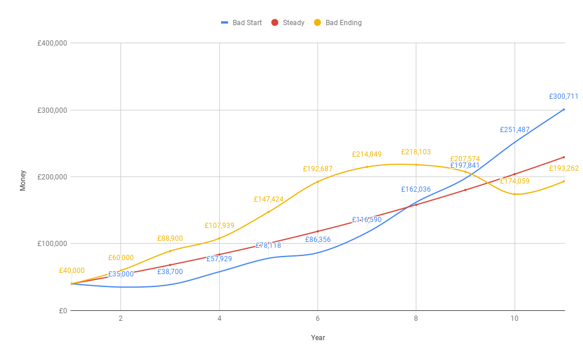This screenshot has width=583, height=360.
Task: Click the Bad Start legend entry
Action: [x=241, y=23]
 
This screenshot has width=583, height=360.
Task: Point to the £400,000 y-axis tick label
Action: [x=51, y=43]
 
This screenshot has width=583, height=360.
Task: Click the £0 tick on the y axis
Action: [x=63, y=310]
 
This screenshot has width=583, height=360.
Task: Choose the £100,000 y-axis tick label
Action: [x=51, y=244]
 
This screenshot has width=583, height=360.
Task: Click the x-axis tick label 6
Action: [x=318, y=319]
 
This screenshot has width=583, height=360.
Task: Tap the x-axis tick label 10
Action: [x=515, y=319]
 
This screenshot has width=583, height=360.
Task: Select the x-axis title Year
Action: [x=318, y=338]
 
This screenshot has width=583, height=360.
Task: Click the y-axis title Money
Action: [x=23, y=180]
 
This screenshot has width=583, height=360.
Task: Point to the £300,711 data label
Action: [x=564, y=96]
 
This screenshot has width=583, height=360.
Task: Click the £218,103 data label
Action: [x=416, y=152]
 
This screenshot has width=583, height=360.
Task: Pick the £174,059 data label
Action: [x=515, y=181]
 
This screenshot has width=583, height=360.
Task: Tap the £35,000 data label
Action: [x=120, y=274]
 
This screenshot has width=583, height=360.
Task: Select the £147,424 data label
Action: [x=268, y=199]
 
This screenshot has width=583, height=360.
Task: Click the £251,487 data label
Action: [x=515, y=130]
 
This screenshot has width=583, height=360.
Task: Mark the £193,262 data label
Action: [x=564, y=168]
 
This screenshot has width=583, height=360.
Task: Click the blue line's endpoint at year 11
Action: [x=564, y=109]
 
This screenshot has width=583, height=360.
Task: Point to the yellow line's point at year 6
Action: [x=318, y=182]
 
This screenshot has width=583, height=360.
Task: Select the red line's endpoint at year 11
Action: [x=564, y=157]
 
